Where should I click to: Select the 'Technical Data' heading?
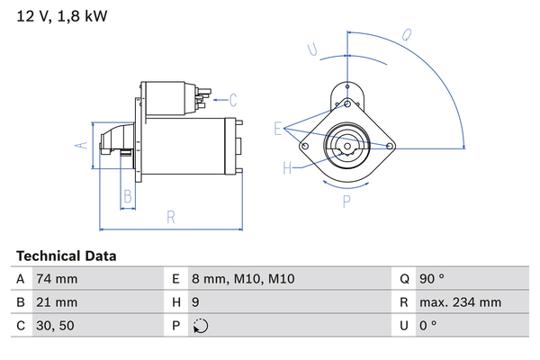(66, 256)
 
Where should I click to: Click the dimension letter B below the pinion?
(128, 195)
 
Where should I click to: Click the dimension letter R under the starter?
(169, 217)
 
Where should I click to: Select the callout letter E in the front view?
(279, 128)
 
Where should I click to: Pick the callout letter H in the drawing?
(288, 167)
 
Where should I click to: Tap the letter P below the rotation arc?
(346, 202)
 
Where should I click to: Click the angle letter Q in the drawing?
(407, 36)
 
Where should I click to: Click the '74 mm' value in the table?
(56, 279)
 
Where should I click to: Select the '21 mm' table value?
(56, 302)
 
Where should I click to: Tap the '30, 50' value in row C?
(56, 326)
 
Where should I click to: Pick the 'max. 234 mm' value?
(462, 302)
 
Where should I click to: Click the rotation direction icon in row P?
(201, 326)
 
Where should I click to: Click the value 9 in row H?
(197, 302)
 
